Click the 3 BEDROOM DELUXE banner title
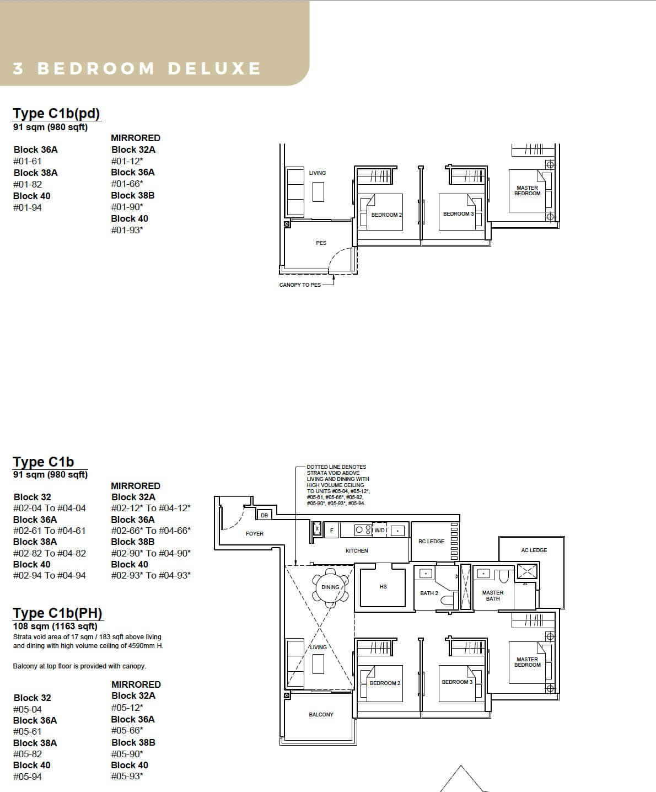coord(137,68)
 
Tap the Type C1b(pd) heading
coord(56,114)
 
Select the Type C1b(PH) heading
coord(58,613)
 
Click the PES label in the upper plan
coord(321,243)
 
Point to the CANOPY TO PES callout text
coord(300,285)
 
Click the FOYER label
coord(255,534)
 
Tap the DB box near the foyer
coord(264,515)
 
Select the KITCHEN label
coord(357,550)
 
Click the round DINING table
coord(330,587)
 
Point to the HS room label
coord(383,586)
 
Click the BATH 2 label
coord(429,593)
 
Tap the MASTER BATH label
coord(493,596)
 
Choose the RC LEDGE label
coord(432,541)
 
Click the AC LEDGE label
coord(534,550)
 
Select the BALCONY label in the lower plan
coord(321,714)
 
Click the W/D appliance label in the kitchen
coord(380,530)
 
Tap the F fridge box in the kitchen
coord(332,530)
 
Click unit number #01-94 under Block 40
coord(28,207)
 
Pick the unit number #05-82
coord(28,754)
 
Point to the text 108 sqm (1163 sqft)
coord(55,626)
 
